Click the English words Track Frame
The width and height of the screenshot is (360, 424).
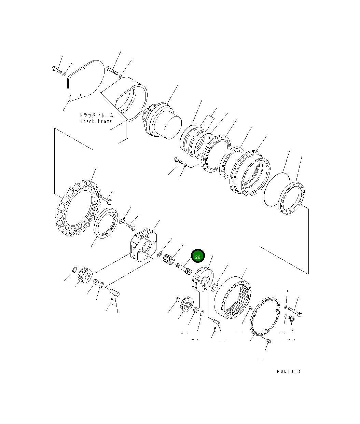click(x=96, y=121)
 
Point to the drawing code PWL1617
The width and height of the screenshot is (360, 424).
click(x=289, y=372)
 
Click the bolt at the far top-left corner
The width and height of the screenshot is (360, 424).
click(x=57, y=70)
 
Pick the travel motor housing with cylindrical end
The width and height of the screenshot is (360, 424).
click(x=162, y=121)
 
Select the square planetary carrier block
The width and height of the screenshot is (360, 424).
click(x=143, y=245)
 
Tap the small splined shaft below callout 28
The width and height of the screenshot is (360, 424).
click(x=184, y=269)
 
